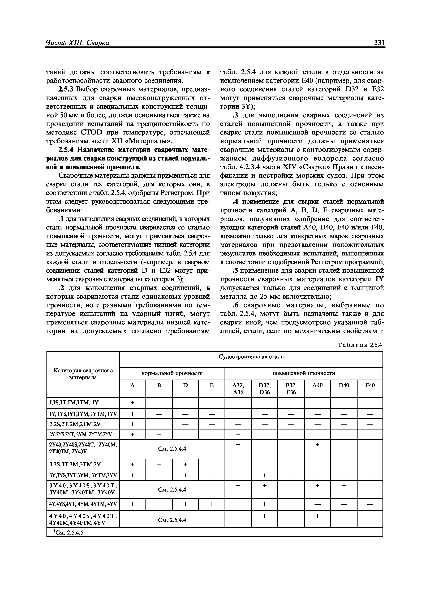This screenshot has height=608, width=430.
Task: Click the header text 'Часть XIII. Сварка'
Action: tap(77, 43)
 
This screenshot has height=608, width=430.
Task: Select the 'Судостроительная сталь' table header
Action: tap(251, 357)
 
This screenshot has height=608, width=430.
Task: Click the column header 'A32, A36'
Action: tap(238, 388)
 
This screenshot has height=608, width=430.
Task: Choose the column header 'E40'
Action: tap(370, 386)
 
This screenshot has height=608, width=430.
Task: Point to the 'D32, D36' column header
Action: tap(264, 388)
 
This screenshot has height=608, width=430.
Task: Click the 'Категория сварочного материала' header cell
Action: tap(83, 374)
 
